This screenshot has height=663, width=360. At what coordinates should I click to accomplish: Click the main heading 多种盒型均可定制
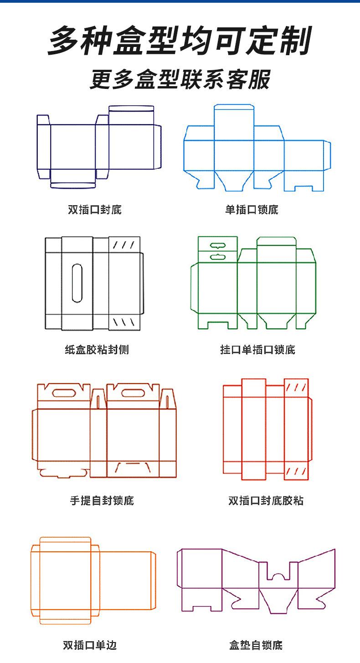tap(180, 41)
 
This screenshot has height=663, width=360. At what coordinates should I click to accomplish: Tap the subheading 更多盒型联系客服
tap(180, 79)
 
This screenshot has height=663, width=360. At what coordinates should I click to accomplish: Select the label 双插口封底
tap(95, 210)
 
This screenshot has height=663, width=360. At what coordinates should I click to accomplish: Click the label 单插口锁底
tap(252, 210)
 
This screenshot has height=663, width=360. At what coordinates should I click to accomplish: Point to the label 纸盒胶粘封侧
tap(97, 349)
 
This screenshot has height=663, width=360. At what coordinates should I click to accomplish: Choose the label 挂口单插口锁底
tap(257, 349)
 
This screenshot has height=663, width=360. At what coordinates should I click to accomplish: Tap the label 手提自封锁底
tap(102, 500)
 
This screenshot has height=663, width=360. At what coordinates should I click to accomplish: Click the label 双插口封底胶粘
tap(266, 500)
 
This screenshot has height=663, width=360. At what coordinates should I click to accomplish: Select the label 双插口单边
tap(90, 645)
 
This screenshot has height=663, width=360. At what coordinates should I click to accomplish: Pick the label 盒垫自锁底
tap(256, 645)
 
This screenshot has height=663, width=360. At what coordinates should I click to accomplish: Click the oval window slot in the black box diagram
tap(77, 283)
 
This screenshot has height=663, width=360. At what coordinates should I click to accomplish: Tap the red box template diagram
tap(267, 429)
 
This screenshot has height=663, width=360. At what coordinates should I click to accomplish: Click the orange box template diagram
tap(93, 580)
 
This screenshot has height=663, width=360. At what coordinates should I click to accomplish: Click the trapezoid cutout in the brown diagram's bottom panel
tap(133, 467)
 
